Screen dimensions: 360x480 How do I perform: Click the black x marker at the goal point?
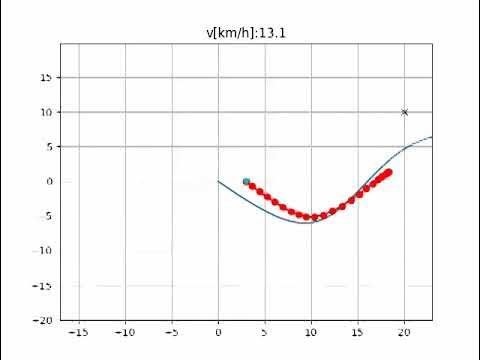pyautogui.click(x=404, y=112)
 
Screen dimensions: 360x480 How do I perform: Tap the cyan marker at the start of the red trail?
pyautogui.click(x=246, y=181)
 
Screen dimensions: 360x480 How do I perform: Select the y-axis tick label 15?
pyautogui.click(x=47, y=77)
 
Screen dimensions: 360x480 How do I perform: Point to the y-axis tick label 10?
pyautogui.click(x=47, y=112)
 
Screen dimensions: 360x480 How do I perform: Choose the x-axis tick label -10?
pyautogui.click(x=125, y=331)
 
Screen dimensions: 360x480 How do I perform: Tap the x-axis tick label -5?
pyautogui.click(x=172, y=331)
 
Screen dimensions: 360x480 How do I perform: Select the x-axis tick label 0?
pyautogui.click(x=218, y=331)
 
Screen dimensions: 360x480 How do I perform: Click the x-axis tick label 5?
pyautogui.click(x=265, y=331)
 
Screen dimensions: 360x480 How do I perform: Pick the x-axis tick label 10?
pyautogui.click(x=311, y=331)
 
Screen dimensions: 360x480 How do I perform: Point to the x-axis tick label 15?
pyautogui.click(x=358, y=331)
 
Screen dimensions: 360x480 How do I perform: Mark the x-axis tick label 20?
pyautogui.click(x=404, y=331)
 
